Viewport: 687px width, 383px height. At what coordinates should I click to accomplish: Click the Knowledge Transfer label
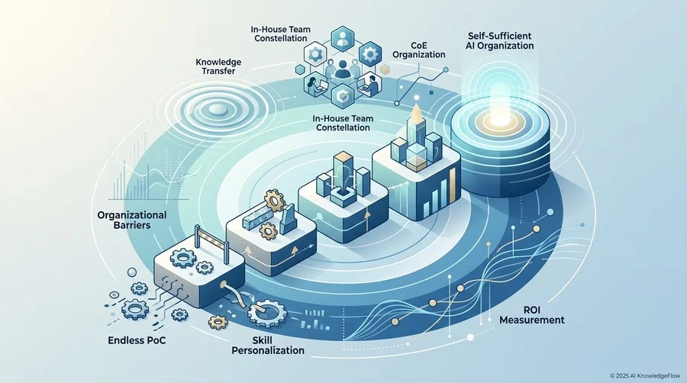point(218,66)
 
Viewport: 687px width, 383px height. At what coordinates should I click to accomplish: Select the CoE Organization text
point(419,50)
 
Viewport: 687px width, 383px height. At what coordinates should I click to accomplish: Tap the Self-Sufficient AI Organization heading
point(500,40)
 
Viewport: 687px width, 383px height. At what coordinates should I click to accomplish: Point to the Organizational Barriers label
point(132,220)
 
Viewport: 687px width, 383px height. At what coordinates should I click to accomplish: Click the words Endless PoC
point(137,340)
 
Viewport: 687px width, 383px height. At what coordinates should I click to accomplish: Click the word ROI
point(531,310)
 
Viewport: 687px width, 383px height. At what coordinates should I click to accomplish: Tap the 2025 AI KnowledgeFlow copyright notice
point(645,375)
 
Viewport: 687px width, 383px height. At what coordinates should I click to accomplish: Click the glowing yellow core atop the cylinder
point(498,118)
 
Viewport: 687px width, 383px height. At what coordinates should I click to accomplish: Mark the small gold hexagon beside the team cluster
point(385,69)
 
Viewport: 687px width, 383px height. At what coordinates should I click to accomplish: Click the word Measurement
point(532,320)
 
